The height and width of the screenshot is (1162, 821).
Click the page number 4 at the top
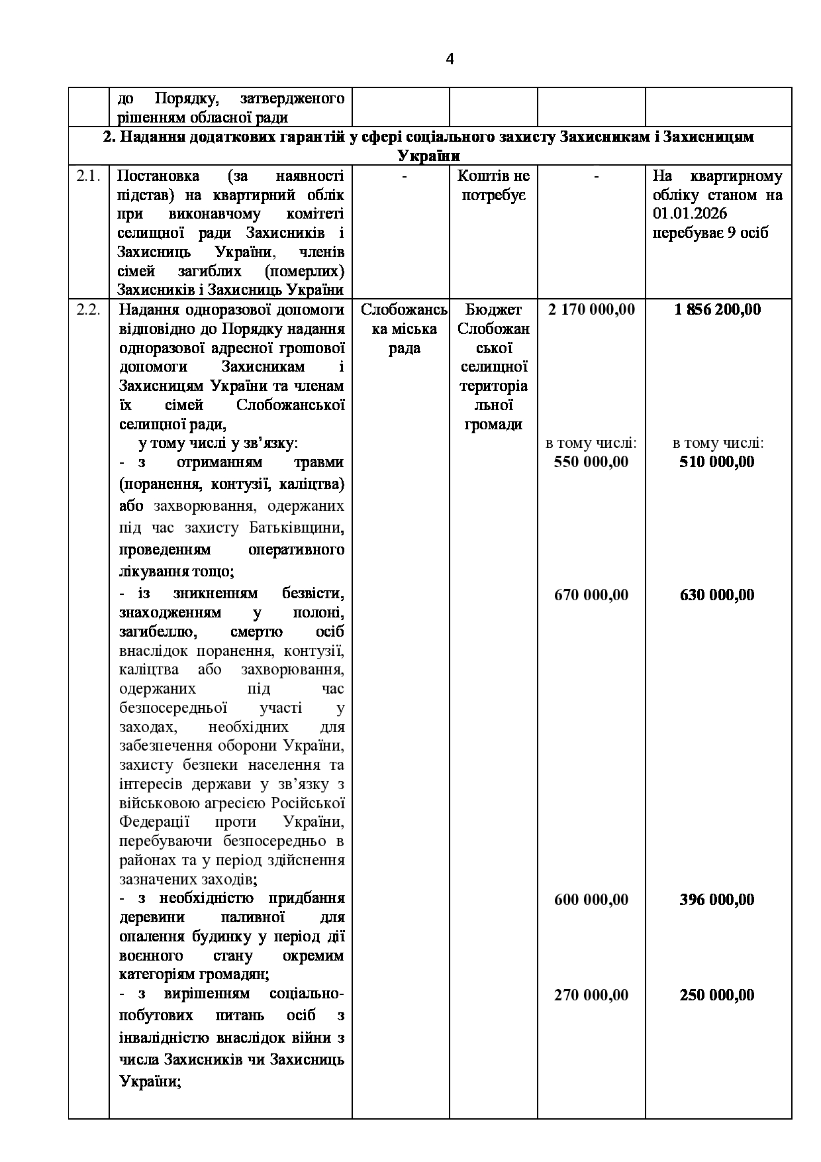pos(450,60)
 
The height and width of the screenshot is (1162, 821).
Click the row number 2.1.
pos(88,176)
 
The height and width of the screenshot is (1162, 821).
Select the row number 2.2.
pos(88,310)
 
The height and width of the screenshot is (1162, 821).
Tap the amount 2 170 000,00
pos(591,309)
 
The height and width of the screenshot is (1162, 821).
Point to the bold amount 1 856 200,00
pos(718,309)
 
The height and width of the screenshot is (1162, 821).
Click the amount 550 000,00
pos(591,462)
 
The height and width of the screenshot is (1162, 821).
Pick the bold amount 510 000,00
pos(717,462)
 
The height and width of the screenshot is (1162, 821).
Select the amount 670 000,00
pos(591,595)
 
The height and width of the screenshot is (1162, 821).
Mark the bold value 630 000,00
pos(717,595)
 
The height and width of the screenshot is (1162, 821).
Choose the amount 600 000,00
pos(591,900)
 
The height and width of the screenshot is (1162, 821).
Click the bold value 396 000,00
pos(717,900)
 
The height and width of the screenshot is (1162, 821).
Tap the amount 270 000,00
pos(591,995)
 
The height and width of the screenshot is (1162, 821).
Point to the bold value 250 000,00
pos(717,995)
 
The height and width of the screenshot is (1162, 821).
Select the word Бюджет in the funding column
pos(493,310)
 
